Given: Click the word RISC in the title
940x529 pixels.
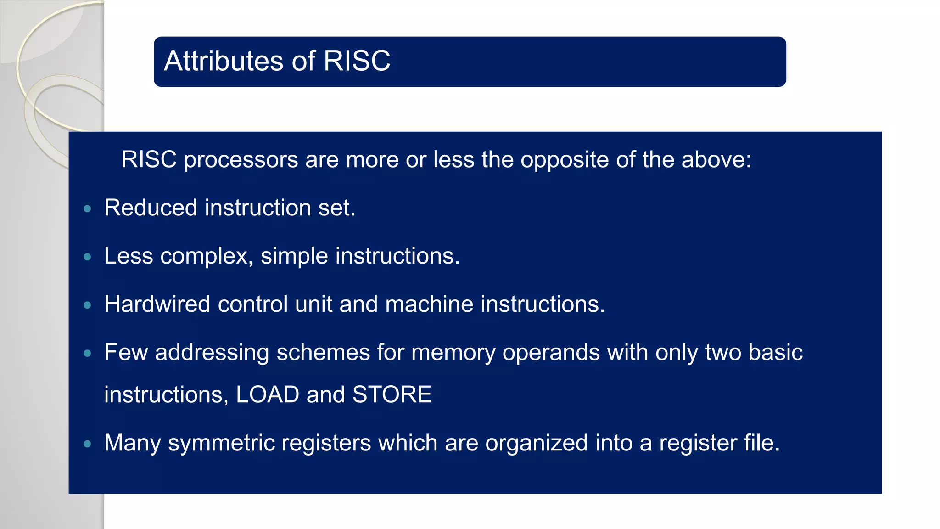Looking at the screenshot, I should (x=357, y=61).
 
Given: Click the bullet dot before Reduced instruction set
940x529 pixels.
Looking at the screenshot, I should (x=88, y=209).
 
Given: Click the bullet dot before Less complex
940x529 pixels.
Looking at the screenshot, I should (x=88, y=257).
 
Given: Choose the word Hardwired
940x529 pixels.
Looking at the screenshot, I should (x=157, y=304).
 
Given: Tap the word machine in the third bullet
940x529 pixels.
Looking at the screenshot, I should (x=429, y=304).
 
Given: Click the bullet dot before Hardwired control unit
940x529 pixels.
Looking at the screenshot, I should (x=88, y=305).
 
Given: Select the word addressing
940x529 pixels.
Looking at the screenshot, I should (x=212, y=353).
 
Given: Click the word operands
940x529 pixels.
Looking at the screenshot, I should (x=551, y=353).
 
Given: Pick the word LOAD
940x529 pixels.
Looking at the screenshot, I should (x=267, y=394).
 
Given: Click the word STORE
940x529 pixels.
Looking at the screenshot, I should (x=392, y=394).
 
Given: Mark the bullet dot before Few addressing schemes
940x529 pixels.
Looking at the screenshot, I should (x=88, y=354).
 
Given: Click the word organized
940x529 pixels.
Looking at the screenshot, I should (x=536, y=443).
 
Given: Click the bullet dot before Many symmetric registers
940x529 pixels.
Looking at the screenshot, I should (x=88, y=444).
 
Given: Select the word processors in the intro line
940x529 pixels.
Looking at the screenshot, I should (x=241, y=160).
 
